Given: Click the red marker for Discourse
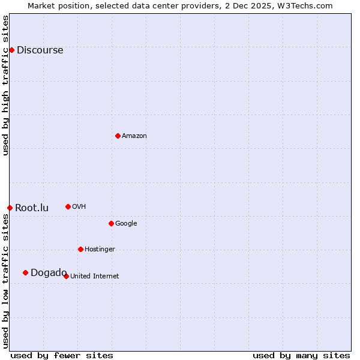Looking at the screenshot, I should (11, 50).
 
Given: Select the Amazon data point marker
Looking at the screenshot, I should (118, 136).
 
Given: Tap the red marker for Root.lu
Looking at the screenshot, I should (10, 208).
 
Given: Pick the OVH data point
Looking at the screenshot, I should (68, 206).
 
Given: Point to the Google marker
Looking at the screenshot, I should (111, 223).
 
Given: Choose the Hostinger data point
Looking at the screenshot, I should (80, 249).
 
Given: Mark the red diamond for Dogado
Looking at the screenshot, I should (25, 272).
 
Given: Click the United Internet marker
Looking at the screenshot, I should (66, 276).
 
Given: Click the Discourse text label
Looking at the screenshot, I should (40, 50).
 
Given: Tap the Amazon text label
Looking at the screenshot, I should (134, 136).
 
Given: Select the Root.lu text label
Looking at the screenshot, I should (32, 208).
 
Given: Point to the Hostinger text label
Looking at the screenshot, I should (100, 250).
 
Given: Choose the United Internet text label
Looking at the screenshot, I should (94, 277).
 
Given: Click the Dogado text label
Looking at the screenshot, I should (49, 273).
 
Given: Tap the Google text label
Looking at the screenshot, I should (126, 224).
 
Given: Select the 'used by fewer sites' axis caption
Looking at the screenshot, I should (62, 355).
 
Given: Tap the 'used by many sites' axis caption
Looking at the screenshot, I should (301, 355).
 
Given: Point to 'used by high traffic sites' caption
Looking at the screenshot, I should (5, 85).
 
